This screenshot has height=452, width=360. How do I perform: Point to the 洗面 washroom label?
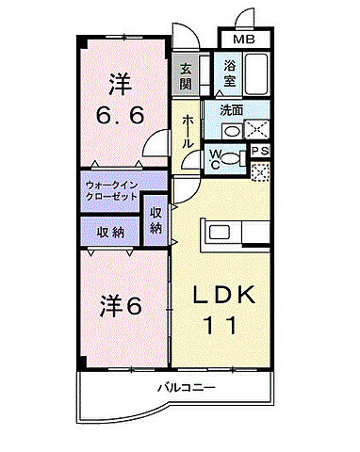[231, 110]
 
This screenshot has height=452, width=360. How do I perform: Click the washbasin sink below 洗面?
[229, 130]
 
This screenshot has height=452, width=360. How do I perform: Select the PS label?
[261, 151]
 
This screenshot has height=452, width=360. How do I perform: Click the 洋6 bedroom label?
[121, 306]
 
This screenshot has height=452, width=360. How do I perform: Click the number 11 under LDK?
[223, 326]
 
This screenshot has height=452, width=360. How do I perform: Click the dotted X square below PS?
[261, 171]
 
